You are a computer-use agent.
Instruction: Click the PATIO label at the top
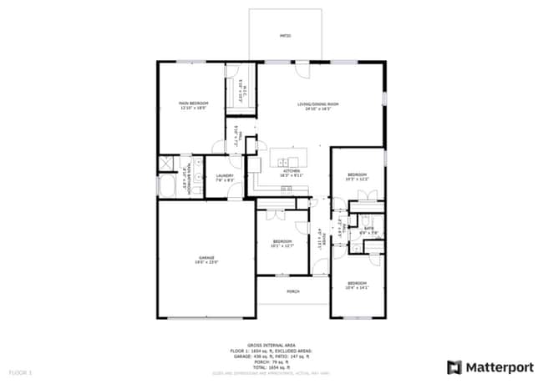(285, 37)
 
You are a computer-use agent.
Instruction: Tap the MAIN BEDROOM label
(193, 103)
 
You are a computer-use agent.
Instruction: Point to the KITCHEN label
(290, 171)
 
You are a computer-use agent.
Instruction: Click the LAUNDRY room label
(225, 175)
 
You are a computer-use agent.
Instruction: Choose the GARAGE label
(206, 257)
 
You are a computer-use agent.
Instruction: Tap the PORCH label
(293, 291)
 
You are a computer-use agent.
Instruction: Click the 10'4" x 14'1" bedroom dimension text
(358, 288)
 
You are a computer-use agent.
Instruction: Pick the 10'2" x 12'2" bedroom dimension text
(358, 179)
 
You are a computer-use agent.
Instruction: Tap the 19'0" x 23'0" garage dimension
(206, 262)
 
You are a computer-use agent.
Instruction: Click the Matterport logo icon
(454, 366)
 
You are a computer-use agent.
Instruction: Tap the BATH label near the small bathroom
(368, 228)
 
